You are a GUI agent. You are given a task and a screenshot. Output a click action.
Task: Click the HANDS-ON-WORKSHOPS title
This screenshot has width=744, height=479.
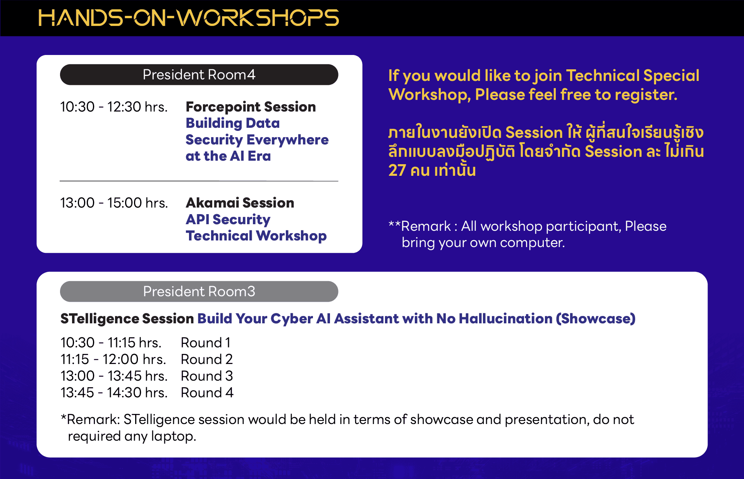pyautogui.click(x=189, y=18)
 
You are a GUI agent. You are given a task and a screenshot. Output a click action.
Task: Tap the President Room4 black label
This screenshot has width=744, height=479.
pyautogui.click(x=199, y=75)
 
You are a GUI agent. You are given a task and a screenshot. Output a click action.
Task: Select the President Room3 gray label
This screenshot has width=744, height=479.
pyautogui.click(x=199, y=292)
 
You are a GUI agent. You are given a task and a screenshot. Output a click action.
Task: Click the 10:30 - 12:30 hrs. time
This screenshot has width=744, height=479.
pyautogui.click(x=114, y=107)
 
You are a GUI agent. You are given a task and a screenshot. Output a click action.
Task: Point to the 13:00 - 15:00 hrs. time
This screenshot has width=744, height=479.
pyautogui.click(x=114, y=203)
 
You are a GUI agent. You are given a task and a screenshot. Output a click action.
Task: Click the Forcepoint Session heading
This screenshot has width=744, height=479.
pyautogui.click(x=251, y=107)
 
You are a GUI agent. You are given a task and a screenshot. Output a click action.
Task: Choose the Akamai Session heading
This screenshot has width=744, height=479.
pyautogui.click(x=240, y=203)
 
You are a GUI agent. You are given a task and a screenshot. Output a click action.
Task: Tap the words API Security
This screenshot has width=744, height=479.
pyautogui.click(x=228, y=220)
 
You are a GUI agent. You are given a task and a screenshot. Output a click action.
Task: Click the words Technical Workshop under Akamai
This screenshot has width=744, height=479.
pyautogui.click(x=256, y=236)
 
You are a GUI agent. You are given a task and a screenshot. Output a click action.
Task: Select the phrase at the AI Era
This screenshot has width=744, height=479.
pyautogui.click(x=228, y=156)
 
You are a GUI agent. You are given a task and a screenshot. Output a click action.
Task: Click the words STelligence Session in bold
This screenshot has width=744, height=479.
pyautogui.click(x=127, y=319)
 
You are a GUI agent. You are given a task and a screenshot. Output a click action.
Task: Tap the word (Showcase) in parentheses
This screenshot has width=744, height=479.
pyautogui.click(x=596, y=319)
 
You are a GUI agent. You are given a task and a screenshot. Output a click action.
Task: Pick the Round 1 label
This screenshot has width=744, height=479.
pyautogui.click(x=206, y=343)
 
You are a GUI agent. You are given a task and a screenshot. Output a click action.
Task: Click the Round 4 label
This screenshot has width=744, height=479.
pyautogui.click(x=207, y=393)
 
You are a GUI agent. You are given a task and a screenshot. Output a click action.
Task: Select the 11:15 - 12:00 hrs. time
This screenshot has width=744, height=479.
pyautogui.click(x=113, y=359)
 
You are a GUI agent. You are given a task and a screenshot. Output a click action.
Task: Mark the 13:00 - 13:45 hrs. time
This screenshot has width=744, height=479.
pyautogui.click(x=114, y=376)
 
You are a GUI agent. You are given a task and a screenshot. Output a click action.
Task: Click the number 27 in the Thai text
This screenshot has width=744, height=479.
pyautogui.click(x=397, y=170)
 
